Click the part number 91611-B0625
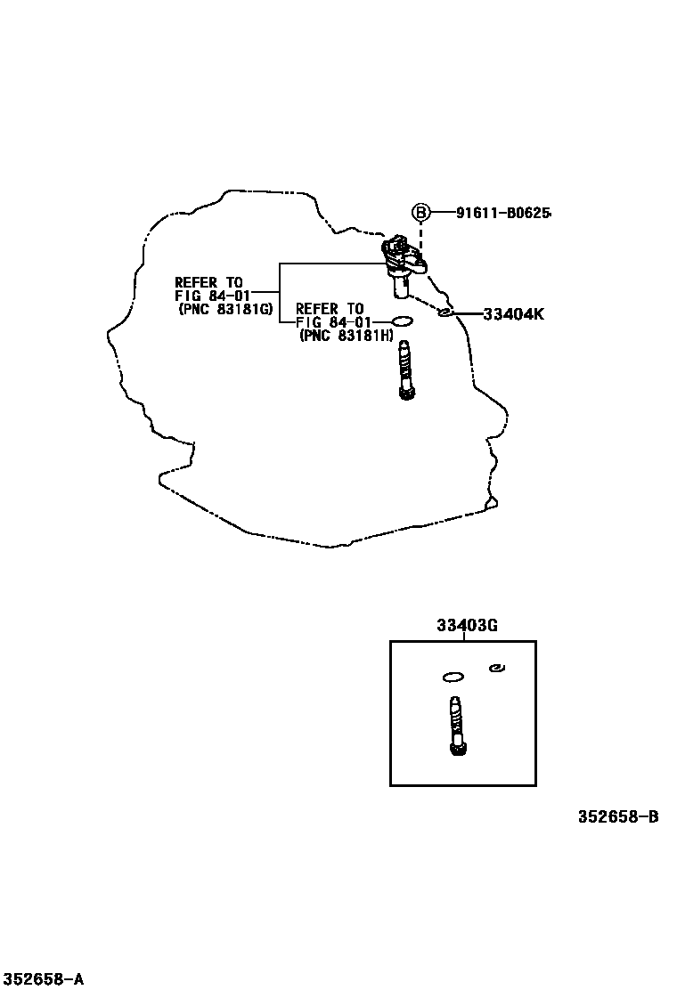pyautogui.click(x=503, y=213)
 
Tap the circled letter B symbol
pyautogui.click(x=420, y=213)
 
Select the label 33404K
pyautogui.click(x=513, y=313)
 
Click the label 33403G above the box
pyautogui.click(x=467, y=626)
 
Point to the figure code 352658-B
pyautogui.click(x=617, y=816)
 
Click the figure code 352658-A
pyautogui.click(x=43, y=979)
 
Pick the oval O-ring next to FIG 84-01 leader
pyautogui.click(x=403, y=321)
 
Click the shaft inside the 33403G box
pyautogui.click(x=458, y=726)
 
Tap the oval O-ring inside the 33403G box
pyautogui.click(x=453, y=677)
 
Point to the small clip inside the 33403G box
pyautogui.click(x=498, y=668)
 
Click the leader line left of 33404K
pyautogui.click(x=467, y=313)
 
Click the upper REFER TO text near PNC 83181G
pyautogui.click(x=208, y=282)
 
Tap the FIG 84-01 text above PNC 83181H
pyautogui.click(x=333, y=321)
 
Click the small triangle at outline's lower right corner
pyautogui.click(x=490, y=505)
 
